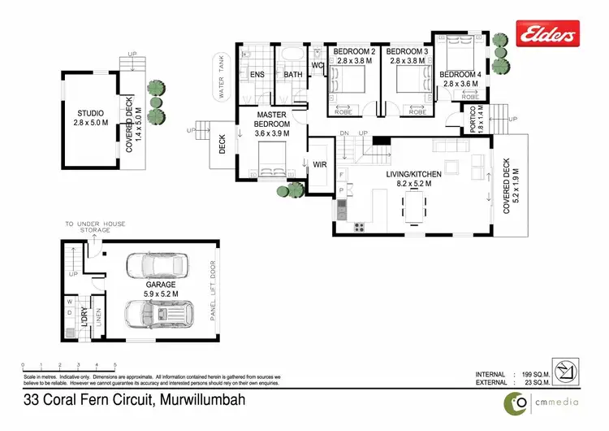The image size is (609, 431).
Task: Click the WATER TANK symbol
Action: point(222,76)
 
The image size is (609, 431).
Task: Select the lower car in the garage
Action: point(156,313)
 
